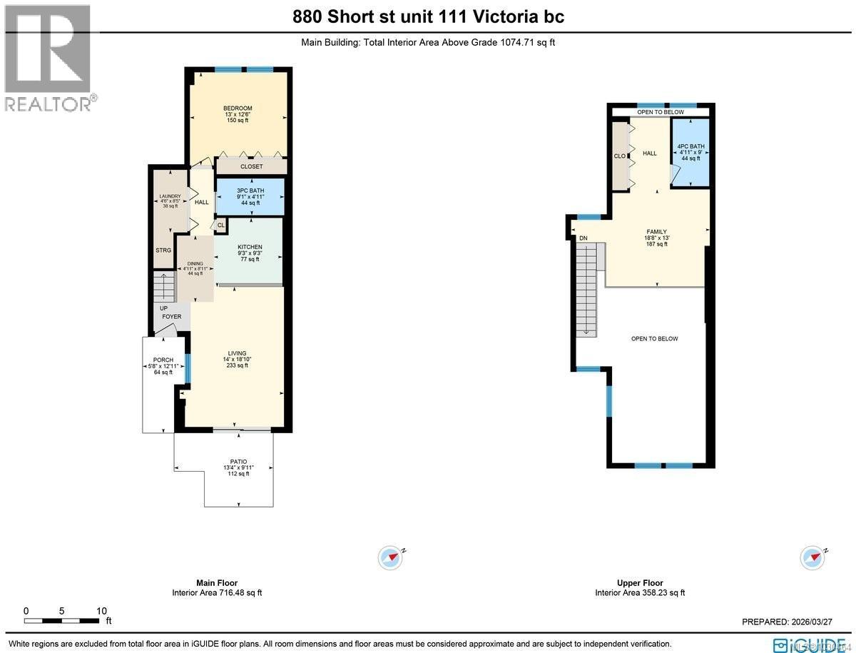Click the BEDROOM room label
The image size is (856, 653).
[238, 108]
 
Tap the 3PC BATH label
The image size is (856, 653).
[250, 191]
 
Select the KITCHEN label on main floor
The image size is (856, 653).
[250, 247]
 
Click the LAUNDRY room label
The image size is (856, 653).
[170, 196]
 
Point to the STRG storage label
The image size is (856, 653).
[163, 250]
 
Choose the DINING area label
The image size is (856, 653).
[195, 263]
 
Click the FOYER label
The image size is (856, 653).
[171, 316]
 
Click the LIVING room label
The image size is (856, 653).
[237, 353]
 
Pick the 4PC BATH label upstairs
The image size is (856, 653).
[691, 146]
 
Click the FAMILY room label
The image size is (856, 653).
[656, 232]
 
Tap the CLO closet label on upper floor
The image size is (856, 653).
[619, 156]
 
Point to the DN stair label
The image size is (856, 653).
[583, 238]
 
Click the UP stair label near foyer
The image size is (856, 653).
[163, 308]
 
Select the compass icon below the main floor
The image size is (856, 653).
[391, 557]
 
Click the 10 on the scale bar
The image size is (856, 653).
[101, 611]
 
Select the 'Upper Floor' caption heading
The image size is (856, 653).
[640, 583]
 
